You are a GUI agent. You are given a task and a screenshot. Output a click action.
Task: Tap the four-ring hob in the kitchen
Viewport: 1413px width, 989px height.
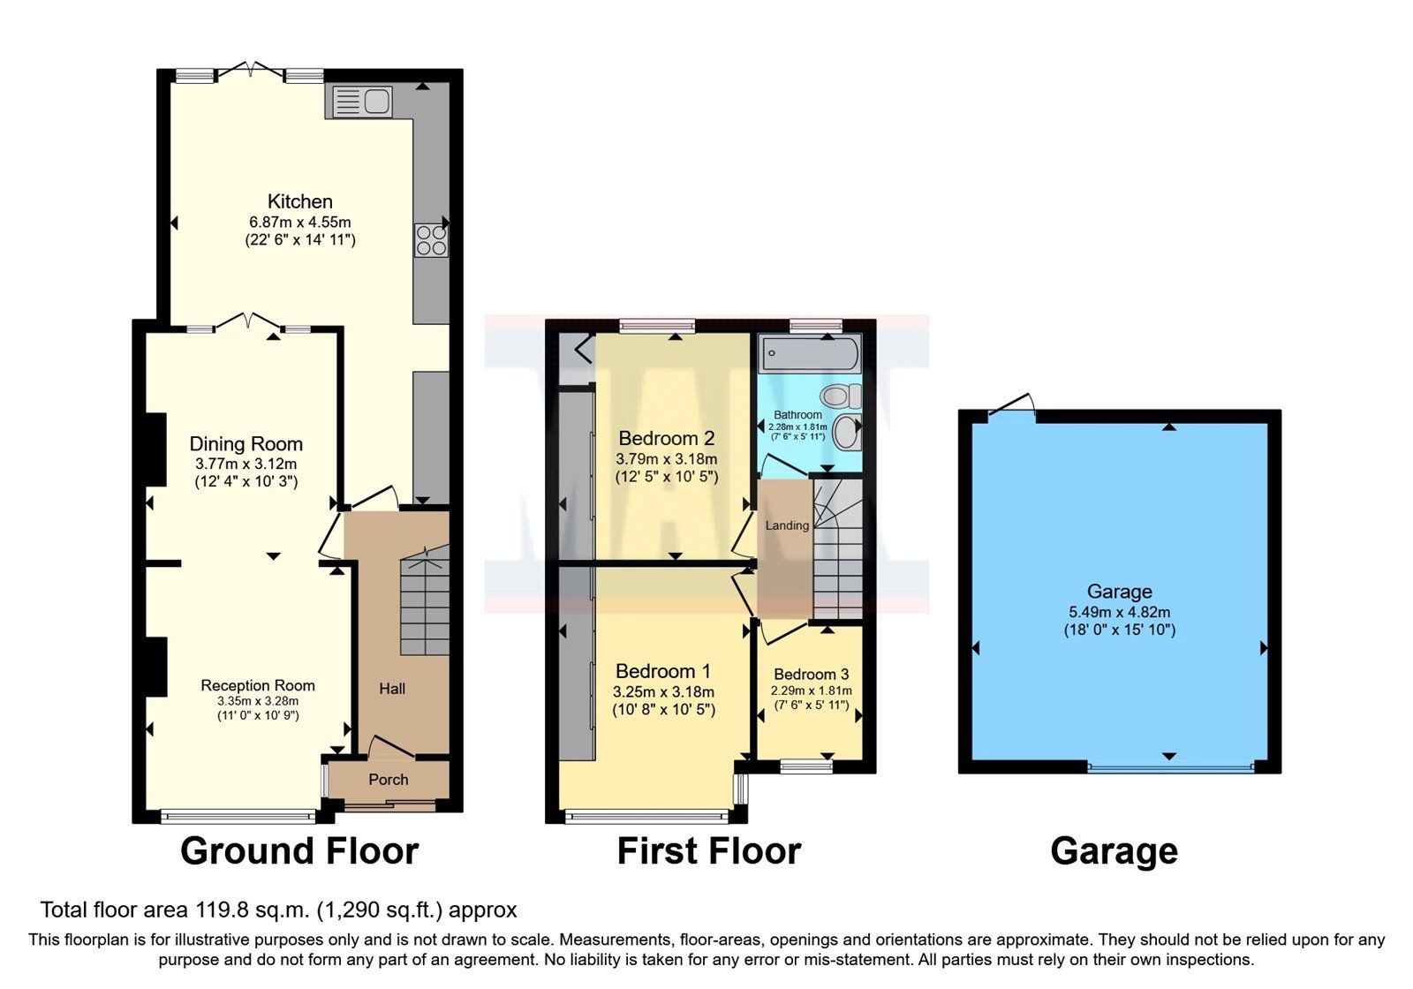click(431, 240)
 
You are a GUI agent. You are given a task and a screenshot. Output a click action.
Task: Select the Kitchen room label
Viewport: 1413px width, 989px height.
click(299, 201)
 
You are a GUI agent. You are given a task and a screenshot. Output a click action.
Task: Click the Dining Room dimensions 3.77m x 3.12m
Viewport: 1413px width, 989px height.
click(246, 464)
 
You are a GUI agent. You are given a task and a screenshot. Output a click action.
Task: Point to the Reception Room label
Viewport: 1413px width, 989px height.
click(257, 685)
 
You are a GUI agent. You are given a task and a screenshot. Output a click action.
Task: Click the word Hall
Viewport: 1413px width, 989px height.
click(392, 688)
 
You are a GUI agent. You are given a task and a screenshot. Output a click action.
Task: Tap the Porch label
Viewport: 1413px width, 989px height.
click(388, 780)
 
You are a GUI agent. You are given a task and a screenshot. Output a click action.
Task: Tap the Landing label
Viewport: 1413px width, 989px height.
click(786, 525)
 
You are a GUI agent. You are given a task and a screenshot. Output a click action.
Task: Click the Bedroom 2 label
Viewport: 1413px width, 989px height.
click(666, 438)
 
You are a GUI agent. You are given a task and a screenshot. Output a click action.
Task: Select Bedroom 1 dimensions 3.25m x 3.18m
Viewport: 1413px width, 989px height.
click(663, 691)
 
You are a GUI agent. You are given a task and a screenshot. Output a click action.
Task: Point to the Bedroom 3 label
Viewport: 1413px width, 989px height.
click(811, 674)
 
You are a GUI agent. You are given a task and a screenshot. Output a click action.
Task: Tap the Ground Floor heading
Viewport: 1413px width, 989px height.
click(298, 851)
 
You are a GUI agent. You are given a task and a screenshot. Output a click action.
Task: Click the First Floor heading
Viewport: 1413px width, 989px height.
click(708, 851)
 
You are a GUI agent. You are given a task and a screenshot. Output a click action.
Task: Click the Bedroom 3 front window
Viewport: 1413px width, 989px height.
click(806, 766)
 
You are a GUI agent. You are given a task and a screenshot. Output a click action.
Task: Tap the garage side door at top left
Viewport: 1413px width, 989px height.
click(1012, 408)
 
